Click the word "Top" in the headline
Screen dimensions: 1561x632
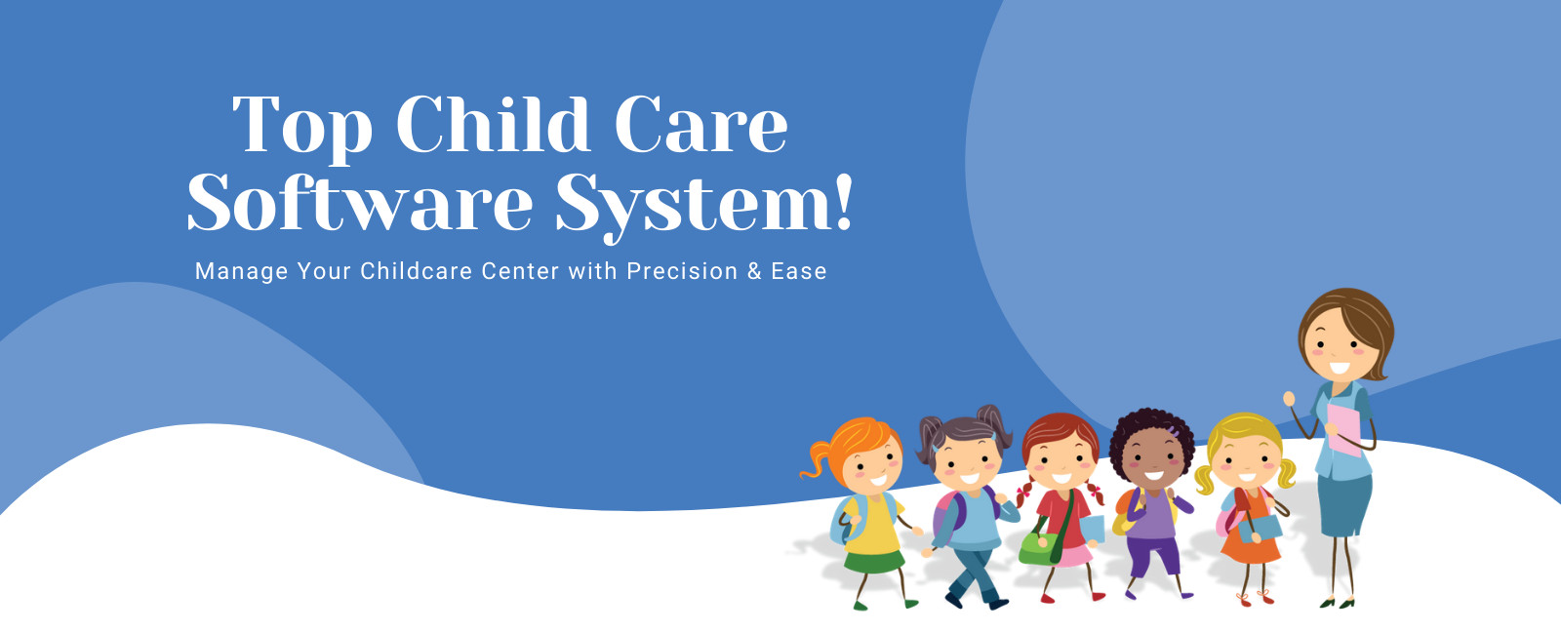click(301, 127)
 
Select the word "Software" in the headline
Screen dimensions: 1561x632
click(360, 201)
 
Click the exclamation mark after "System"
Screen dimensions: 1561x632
click(844, 202)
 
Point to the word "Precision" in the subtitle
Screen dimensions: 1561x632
click(682, 271)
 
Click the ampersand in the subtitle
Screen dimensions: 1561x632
click(754, 271)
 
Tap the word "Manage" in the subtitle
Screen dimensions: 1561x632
click(241, 272)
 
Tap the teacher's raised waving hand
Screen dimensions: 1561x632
click(1289, 399)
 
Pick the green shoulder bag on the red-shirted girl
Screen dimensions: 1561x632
click(1038, 548)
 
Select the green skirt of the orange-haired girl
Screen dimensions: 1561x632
click(874, 561)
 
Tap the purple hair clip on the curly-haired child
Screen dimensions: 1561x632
click(1175, 431)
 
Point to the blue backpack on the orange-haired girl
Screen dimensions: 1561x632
click(842, 520)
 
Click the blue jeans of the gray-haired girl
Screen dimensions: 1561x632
click(976, 573)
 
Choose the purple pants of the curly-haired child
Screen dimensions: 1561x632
click(1154, 555)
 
